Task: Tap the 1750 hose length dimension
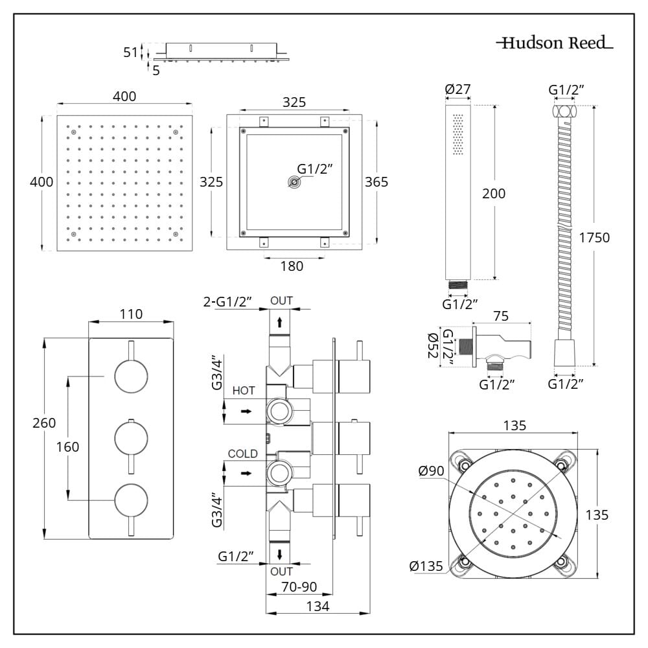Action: tap(594, 238)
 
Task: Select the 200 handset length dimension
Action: tap(494, 193)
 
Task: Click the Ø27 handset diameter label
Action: tap(457, 89)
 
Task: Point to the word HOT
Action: tap(244, 391)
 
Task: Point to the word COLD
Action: tap(242, 454)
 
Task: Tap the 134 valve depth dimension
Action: tap(318, 607)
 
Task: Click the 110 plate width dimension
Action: tap(131, 314)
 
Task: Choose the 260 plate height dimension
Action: tap(43, 423)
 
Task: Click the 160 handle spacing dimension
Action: tap(67, 446)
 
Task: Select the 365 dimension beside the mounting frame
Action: tap(376, 182)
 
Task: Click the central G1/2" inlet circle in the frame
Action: tap(295, 183)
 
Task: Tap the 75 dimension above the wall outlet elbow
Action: tap(500, 316)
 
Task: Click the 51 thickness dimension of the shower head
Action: tap(131, 52)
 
